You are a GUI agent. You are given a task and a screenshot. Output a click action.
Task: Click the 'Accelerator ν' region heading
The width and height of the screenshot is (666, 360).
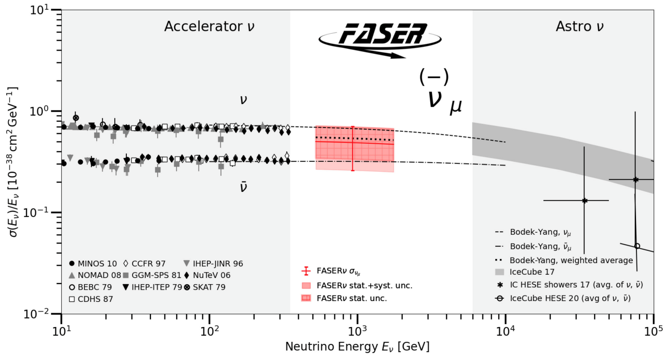tap(209, 26)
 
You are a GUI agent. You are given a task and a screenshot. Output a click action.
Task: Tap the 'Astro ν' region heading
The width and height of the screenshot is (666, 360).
tap(579, 26)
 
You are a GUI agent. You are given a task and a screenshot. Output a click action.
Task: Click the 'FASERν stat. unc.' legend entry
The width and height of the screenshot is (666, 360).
tap(351, 298)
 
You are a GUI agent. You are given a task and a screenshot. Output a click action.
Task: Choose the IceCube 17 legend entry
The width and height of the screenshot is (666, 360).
tap(531, 272)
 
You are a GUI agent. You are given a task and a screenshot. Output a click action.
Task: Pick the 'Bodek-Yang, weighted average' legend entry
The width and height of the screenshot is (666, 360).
tap(571, 260)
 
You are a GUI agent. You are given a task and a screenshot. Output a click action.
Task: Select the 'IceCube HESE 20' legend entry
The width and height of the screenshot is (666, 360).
tap(570, 298)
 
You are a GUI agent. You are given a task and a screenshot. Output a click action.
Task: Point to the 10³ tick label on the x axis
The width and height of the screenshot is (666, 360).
tap(357, 330)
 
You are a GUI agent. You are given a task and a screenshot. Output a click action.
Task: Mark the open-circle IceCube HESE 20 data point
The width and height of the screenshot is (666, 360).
tap(637, 246)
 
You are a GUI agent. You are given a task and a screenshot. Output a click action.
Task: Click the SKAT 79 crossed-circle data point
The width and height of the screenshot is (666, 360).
tap(76, 118)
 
